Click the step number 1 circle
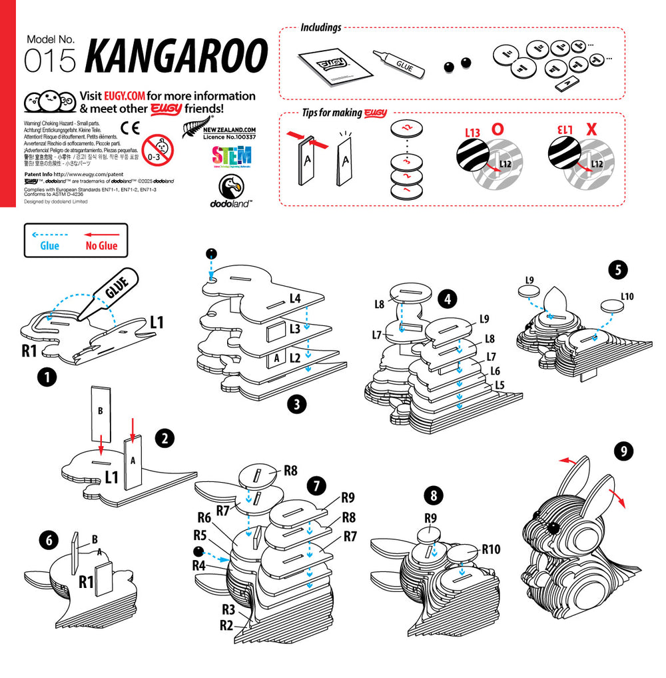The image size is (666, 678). tap(46, 377)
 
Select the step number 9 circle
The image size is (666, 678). tap(623, 451)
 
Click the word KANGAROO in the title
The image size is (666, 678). tap(176, 56)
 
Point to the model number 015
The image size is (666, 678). tap(51, 61)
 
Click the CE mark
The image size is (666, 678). tap(130, 128)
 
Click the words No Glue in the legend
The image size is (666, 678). tap(101, 246)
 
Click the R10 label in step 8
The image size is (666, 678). tap(491, 550)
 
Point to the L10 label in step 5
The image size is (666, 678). tap(627, 296)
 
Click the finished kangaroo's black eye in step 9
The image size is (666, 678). tap(552, 528)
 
